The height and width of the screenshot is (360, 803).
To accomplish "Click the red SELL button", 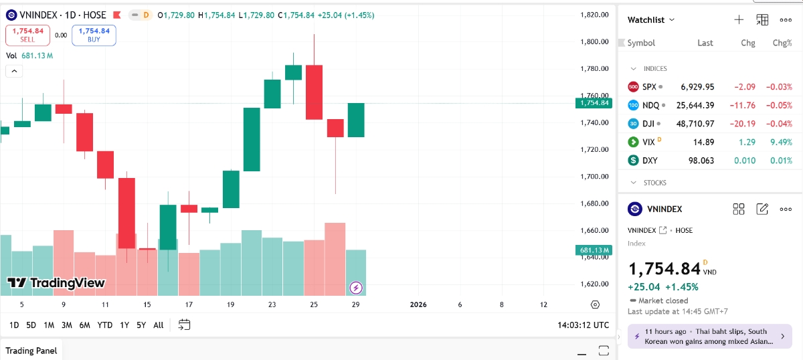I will pos(27,35).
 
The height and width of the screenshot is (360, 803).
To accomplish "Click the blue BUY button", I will pos(94,35).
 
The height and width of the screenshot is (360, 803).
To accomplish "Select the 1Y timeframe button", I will pos(124,325).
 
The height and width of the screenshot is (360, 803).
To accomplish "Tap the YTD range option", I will pos(104,325).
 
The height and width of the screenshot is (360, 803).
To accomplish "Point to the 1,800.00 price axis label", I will pos(594,41).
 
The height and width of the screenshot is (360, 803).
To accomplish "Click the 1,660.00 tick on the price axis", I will pos(594,230).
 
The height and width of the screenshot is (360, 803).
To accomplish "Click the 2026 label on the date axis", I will pos(418,304).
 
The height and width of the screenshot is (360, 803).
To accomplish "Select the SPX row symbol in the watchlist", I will pos(649,86).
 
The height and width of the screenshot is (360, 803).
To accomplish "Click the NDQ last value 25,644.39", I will pos(695,105).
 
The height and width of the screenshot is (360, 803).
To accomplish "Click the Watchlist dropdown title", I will pos(651,20).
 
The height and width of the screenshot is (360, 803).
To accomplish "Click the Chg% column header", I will pos(782,43).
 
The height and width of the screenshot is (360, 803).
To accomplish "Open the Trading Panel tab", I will pos(31,351).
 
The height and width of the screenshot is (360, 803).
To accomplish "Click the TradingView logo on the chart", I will pos(56,283).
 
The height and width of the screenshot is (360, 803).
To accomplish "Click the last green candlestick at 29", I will pos(356,120).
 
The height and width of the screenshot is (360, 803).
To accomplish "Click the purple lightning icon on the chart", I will pos(356,288).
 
